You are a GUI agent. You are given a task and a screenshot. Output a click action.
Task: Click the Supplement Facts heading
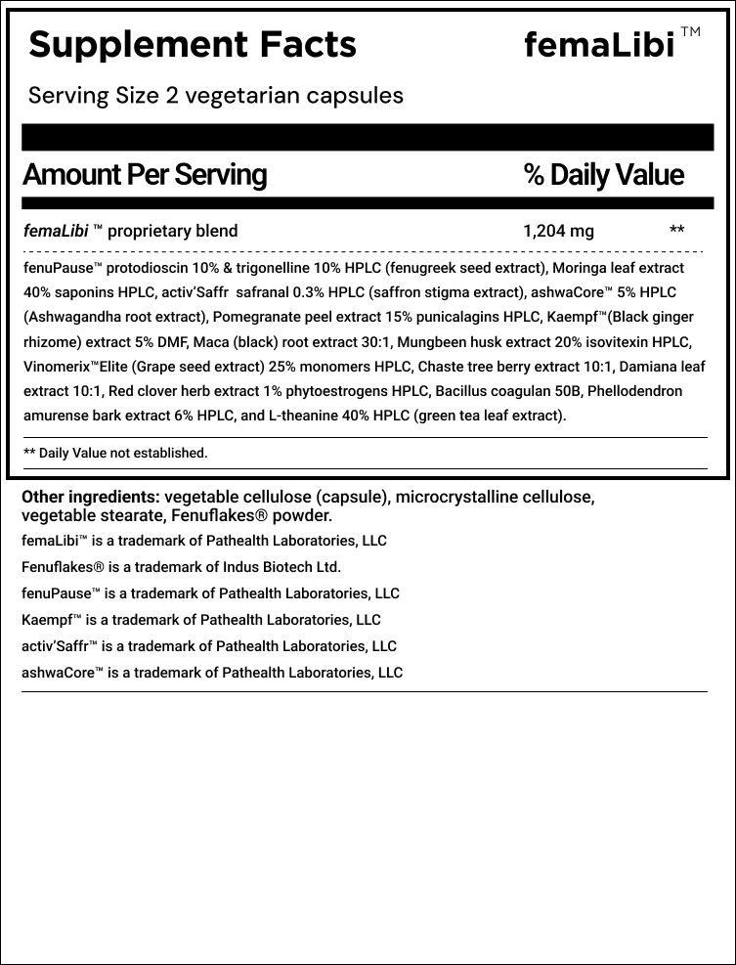click(193, 44)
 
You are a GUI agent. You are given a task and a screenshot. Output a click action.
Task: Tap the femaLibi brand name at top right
click(599, 46)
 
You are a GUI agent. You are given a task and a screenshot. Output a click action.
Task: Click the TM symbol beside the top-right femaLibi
click(690, 32)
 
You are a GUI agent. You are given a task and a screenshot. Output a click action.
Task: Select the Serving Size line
click(216, 96)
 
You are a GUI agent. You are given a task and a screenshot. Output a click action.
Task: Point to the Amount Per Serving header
click(145, 175)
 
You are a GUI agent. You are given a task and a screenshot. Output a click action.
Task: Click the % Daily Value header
click(603, 175)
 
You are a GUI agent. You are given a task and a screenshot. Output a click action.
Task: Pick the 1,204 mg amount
click(558, 232)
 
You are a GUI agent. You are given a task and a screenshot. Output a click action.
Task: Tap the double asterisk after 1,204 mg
click(676, 232)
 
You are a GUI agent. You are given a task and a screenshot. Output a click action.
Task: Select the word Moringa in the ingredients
click(580, 267)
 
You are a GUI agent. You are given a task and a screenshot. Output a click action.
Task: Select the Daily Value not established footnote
click(115, 453)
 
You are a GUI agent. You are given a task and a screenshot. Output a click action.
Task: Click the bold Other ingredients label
click(91, 497)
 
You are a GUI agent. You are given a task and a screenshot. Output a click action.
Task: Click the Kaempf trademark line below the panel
click(200, 620)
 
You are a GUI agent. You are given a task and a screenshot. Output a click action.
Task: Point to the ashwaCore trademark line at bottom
click(211, 673)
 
